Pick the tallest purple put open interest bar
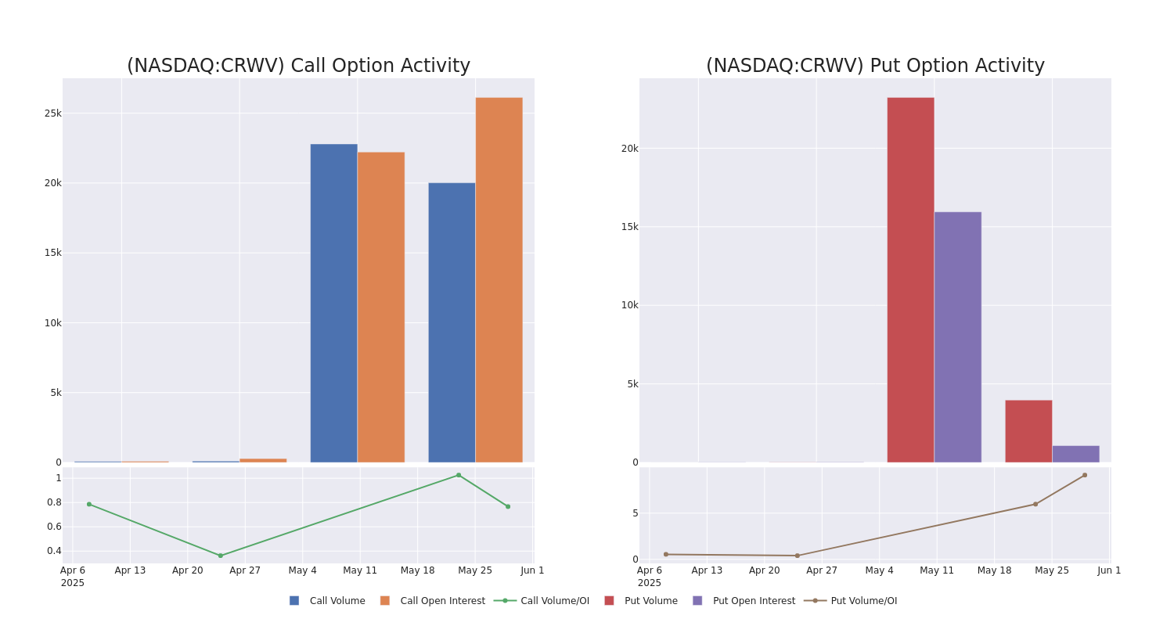[x=957, y=336]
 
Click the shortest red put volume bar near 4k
[x=1028, y=431]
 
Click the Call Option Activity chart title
[x=298, y=66]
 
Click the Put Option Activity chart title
[x=875, y=66]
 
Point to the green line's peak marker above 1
[x=459, y=475]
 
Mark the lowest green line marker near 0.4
[x=220, y=556]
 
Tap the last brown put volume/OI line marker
[x=1084, y=475]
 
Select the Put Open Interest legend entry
[x=753, y=601]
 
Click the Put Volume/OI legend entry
[x=863, y=601]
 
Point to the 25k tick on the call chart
[x=52, y=113]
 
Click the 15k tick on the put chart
[x=629, y=227]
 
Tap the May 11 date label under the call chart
[x=360, y=570]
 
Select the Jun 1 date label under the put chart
[x=1109, y=570]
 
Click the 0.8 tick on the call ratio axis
[x=53, y=502]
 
